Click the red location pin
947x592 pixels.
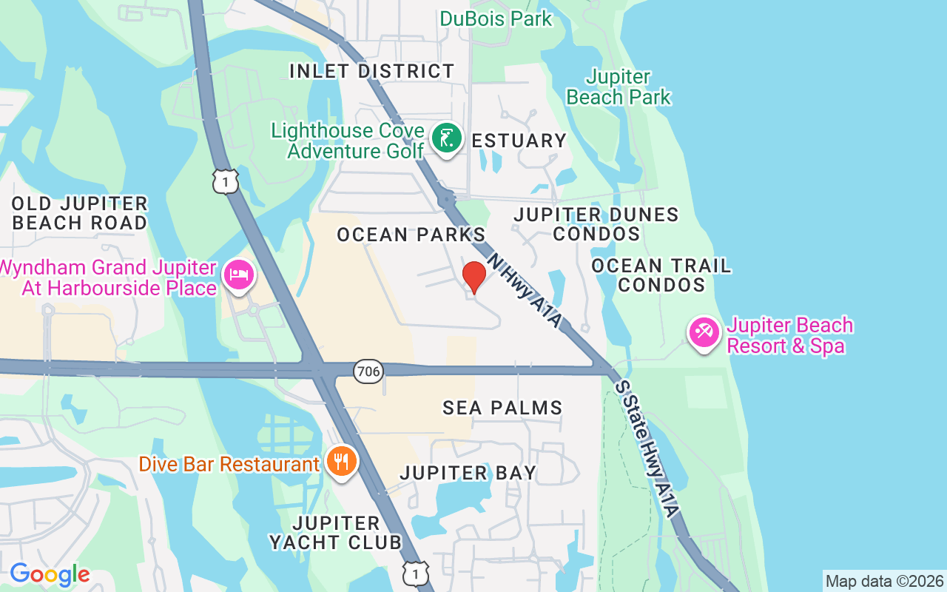coord(473,277)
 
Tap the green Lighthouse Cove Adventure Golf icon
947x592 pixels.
coord(446,138)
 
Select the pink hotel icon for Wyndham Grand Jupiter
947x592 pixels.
coord(239,275)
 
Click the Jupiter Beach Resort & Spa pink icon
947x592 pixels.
coord(704,332)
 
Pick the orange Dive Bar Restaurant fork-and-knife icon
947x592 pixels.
coord(341,462)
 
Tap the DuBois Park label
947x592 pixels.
coord(496,18)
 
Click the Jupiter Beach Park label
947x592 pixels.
coord(618,87)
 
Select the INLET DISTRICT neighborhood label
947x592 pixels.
coord(371,71)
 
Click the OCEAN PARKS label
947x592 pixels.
coord(411,235)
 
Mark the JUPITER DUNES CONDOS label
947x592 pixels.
coord(596,224)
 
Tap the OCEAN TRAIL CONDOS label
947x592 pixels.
coord(661,275)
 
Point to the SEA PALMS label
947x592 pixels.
coord(502,407)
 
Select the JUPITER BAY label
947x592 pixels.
coord(468,472)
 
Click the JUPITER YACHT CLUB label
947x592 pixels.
coord(335,533)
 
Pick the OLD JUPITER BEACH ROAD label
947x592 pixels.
coord(80,213)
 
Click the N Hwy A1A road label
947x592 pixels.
coord(525,284)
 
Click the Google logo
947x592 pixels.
coord(50,574)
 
